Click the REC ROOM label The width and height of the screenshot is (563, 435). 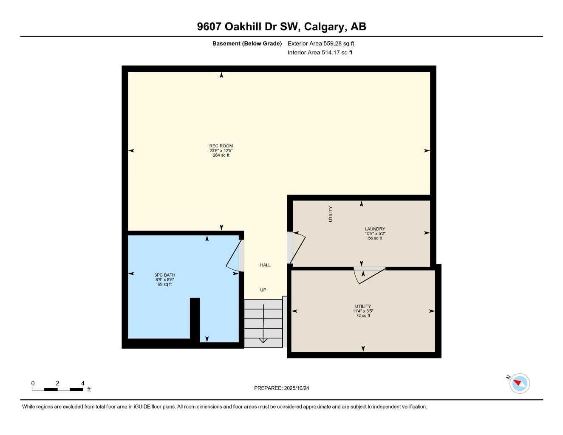point(221,146)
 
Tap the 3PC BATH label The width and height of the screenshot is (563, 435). point(165,275)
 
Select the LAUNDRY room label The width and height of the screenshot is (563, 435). point(375,229)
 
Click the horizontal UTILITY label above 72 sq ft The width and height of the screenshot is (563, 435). point(363,306)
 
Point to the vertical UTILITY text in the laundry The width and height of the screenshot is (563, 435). point(331,214)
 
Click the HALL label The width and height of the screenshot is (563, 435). point(265,265)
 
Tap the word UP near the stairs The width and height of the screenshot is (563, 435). point(263,290)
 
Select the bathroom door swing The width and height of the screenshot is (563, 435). point(233,255)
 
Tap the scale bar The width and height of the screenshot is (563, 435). point(57,389)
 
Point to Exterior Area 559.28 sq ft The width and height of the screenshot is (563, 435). point(321,43)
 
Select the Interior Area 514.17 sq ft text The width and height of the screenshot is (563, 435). point(320,53)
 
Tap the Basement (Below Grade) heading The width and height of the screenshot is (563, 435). point(247,43)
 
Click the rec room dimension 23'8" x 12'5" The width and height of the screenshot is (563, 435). point(221,150)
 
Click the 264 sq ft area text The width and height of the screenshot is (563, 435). point(221,155)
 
